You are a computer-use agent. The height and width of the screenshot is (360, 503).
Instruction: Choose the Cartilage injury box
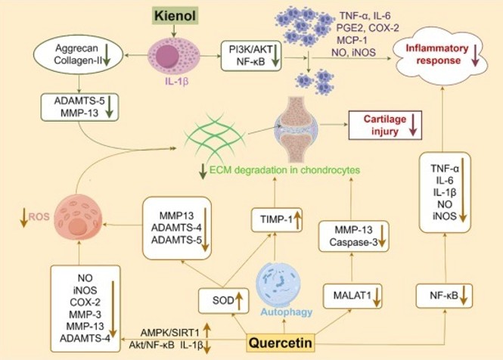coord(382,123)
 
